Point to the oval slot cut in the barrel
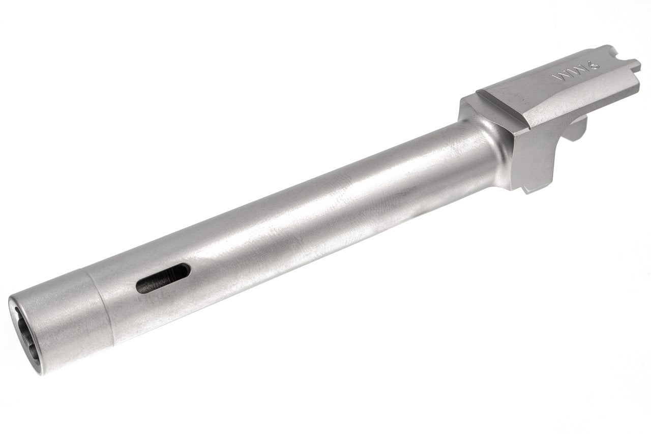click(x=163, y=278)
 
